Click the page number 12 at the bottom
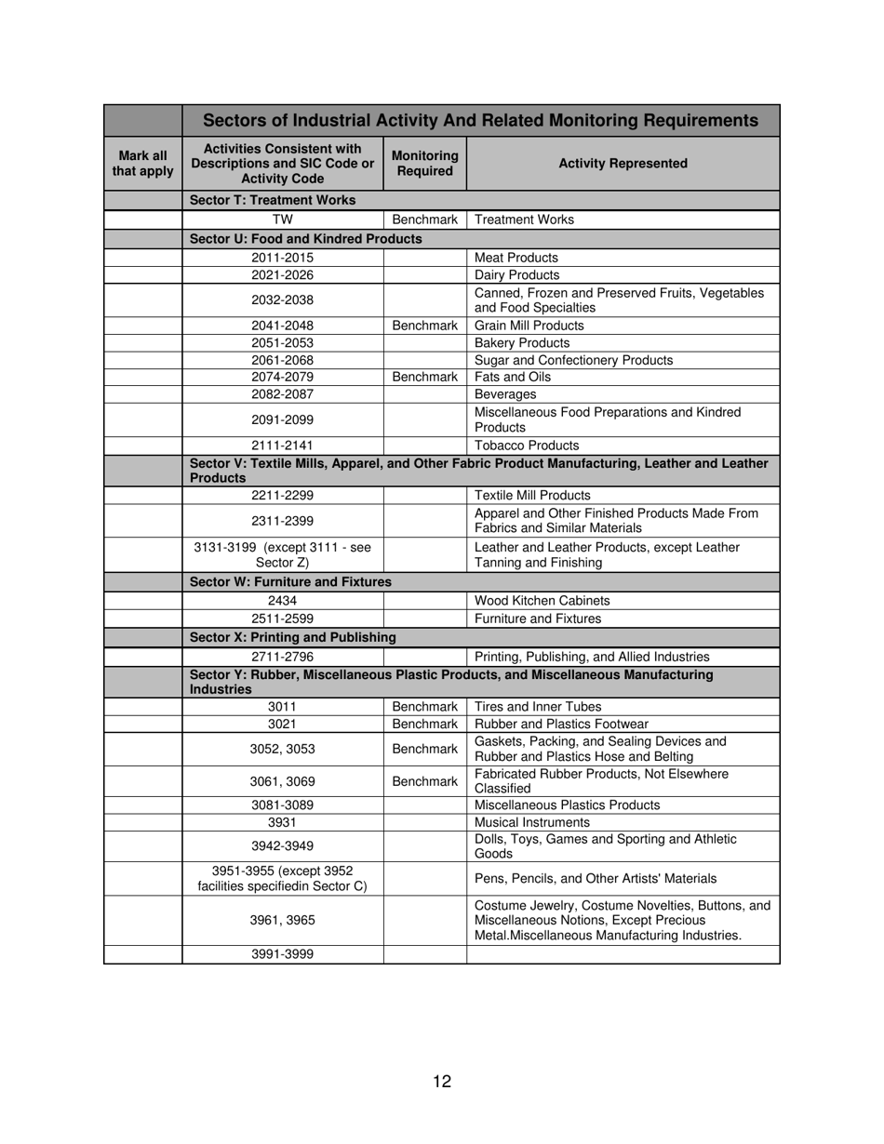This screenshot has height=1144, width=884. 442,1081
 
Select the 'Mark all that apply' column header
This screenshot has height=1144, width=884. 142,164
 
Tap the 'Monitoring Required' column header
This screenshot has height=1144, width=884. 424,164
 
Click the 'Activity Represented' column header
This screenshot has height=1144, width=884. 623,164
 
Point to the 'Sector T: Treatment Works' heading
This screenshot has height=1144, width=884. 273,200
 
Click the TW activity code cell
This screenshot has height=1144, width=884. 282,219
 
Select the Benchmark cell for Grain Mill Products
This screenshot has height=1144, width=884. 424,326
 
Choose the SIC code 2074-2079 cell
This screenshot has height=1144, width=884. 282,377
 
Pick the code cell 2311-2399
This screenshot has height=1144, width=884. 282,520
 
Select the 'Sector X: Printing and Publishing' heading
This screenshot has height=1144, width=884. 292,637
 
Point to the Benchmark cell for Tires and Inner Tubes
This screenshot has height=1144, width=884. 424,707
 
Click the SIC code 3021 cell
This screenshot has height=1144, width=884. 282,724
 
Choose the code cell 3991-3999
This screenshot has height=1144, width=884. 282,953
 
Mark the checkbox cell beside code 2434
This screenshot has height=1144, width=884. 142,601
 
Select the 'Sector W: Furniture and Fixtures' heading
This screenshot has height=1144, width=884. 290,582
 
